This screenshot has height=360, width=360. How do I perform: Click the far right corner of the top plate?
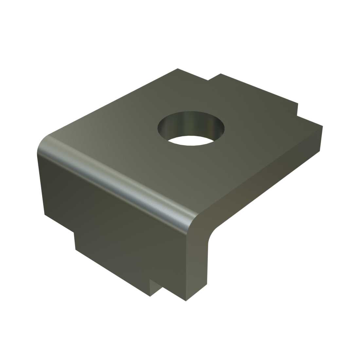point(323,126)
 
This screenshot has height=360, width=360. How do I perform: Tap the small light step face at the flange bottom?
point(154,288)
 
